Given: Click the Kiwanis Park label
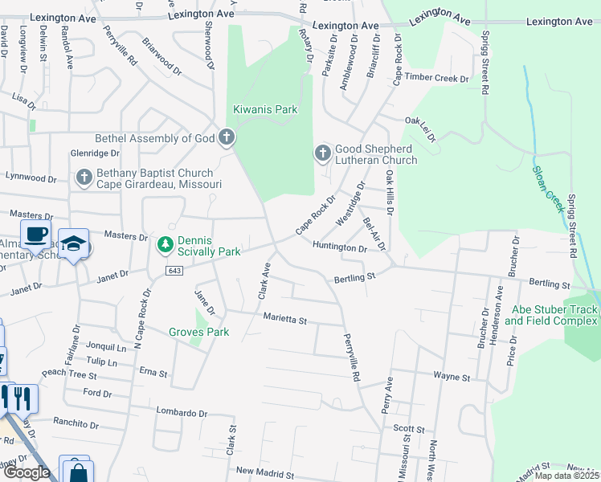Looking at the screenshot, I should click(x=265, y=109).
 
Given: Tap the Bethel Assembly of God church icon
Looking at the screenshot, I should click(x=227, y=138).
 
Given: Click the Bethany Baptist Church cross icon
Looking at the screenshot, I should click(x=84, y=178).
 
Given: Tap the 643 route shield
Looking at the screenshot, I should click(x=174, y=270).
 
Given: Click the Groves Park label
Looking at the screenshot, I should click(x=198, y=332).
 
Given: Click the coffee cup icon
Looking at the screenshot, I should click(x=34, y=235).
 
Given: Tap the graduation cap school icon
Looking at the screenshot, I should click(x=73, y=244).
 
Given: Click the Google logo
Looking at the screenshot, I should click(x=27, y=472).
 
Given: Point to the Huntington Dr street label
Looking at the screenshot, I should click(x=340, y=248).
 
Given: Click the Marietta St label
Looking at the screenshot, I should click(x=285, y=320).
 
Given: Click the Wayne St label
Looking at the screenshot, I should click(x=451, y=376).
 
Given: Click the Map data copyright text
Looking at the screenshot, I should click(x=566, y=476).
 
